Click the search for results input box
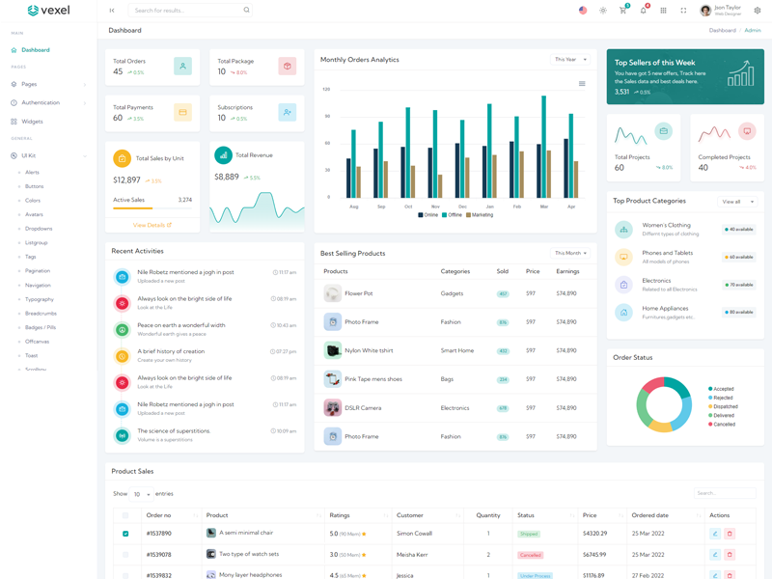click(x=188, y=11)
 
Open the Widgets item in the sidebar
click(x=32, y=122)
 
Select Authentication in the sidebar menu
click(x=41, y=102)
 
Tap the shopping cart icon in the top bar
click(x=622, y=11)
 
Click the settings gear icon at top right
click(x=758, y=11)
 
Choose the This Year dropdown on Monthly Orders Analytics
click(x=570, y=60)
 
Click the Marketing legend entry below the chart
click(x=480, y=215)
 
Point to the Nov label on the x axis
click(x=435, y=207)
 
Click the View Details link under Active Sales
click(x=152, y=225)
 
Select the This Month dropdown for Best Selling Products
click(x=570, y=253)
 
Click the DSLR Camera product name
click(x=363, y=408)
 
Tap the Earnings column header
click(x=567, y=271)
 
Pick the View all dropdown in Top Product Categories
click(x=737, y=202)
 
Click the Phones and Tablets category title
click(x=668, y=253)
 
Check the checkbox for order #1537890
click(x=125, y=534)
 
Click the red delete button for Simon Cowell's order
click(x=730, y=534)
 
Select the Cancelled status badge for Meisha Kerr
click(x=530, y=555)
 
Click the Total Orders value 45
click(x=118, y=71)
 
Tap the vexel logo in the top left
click(x=48, y=11)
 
